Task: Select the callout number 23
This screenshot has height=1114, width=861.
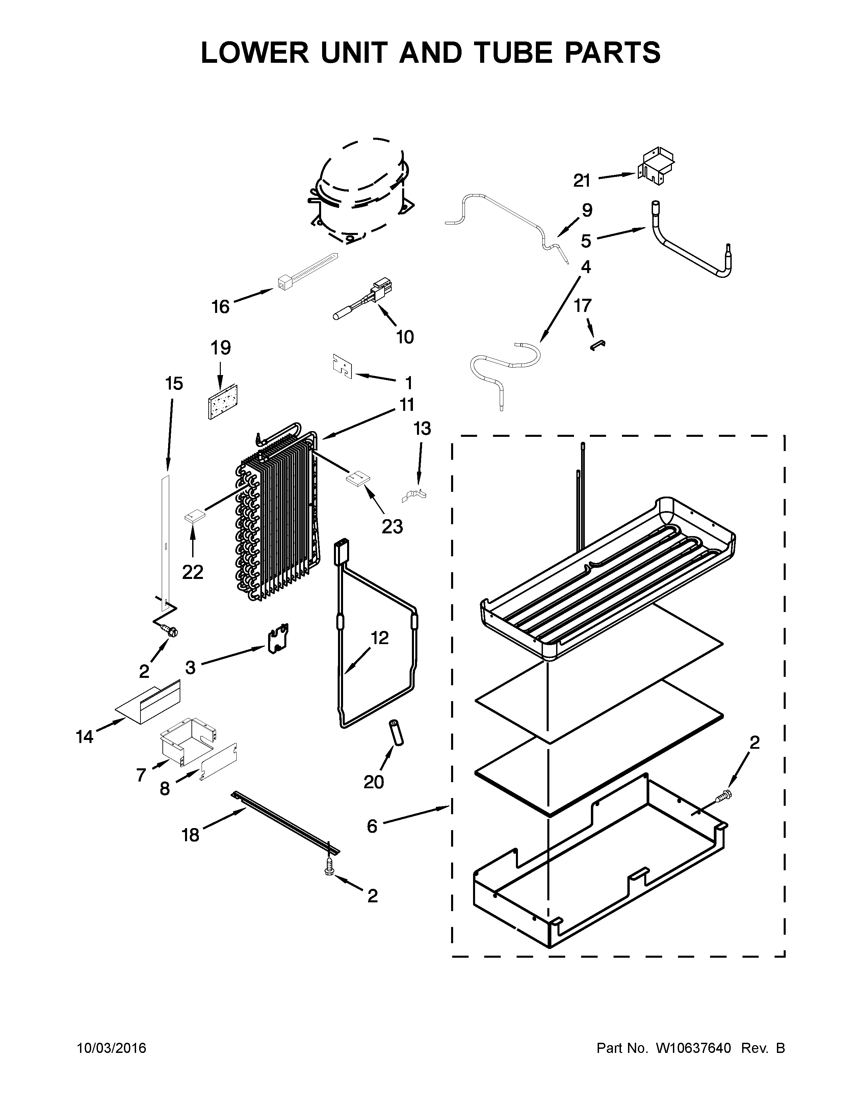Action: tap(392, 526)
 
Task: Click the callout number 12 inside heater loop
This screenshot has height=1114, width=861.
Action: tap(380, 638)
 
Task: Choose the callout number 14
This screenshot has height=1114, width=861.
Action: tap(85, 737)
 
